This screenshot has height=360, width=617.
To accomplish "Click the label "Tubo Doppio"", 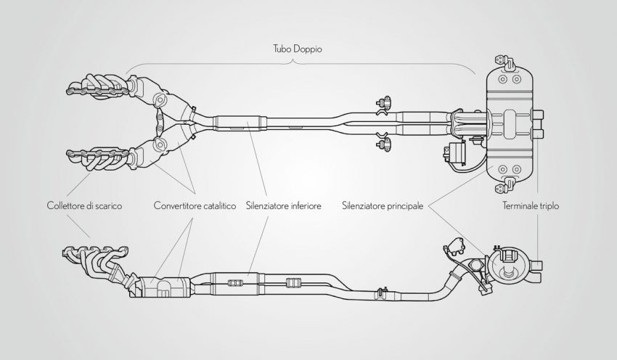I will pos(293,50).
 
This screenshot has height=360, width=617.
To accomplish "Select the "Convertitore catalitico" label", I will pos(195,206).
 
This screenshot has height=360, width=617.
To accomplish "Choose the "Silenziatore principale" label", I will pos(382,206).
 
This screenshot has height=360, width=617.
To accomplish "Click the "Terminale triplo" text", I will pos(536,206).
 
